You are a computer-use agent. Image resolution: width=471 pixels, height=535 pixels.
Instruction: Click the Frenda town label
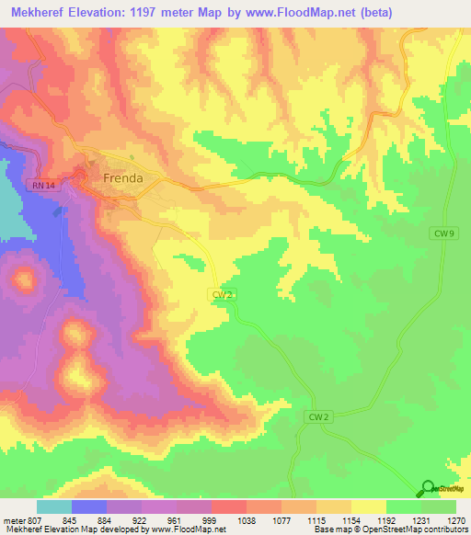tap(122, 178)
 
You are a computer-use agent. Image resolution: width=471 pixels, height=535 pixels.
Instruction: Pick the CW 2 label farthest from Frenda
tap(316, 416)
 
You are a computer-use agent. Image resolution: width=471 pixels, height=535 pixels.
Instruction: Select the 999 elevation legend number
tap(209, 519)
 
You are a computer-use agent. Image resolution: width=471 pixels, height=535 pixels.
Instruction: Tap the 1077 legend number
tap(280, 519)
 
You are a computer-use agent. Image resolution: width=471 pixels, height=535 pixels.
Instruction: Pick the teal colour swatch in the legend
tap(54, 507)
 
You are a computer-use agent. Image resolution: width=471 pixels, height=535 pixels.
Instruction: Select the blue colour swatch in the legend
tap(89, 507)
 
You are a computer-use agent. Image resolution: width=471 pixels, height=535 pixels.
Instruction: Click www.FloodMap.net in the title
tap(323, 13)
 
